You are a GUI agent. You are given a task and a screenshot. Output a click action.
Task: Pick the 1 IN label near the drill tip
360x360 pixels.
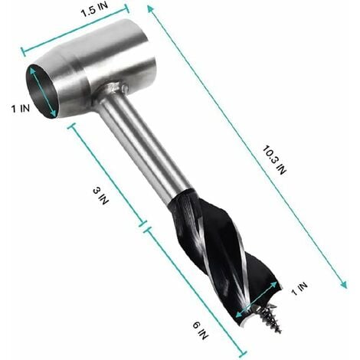point(300,288)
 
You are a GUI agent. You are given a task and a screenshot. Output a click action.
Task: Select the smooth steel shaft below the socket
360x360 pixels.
point(142,150)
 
